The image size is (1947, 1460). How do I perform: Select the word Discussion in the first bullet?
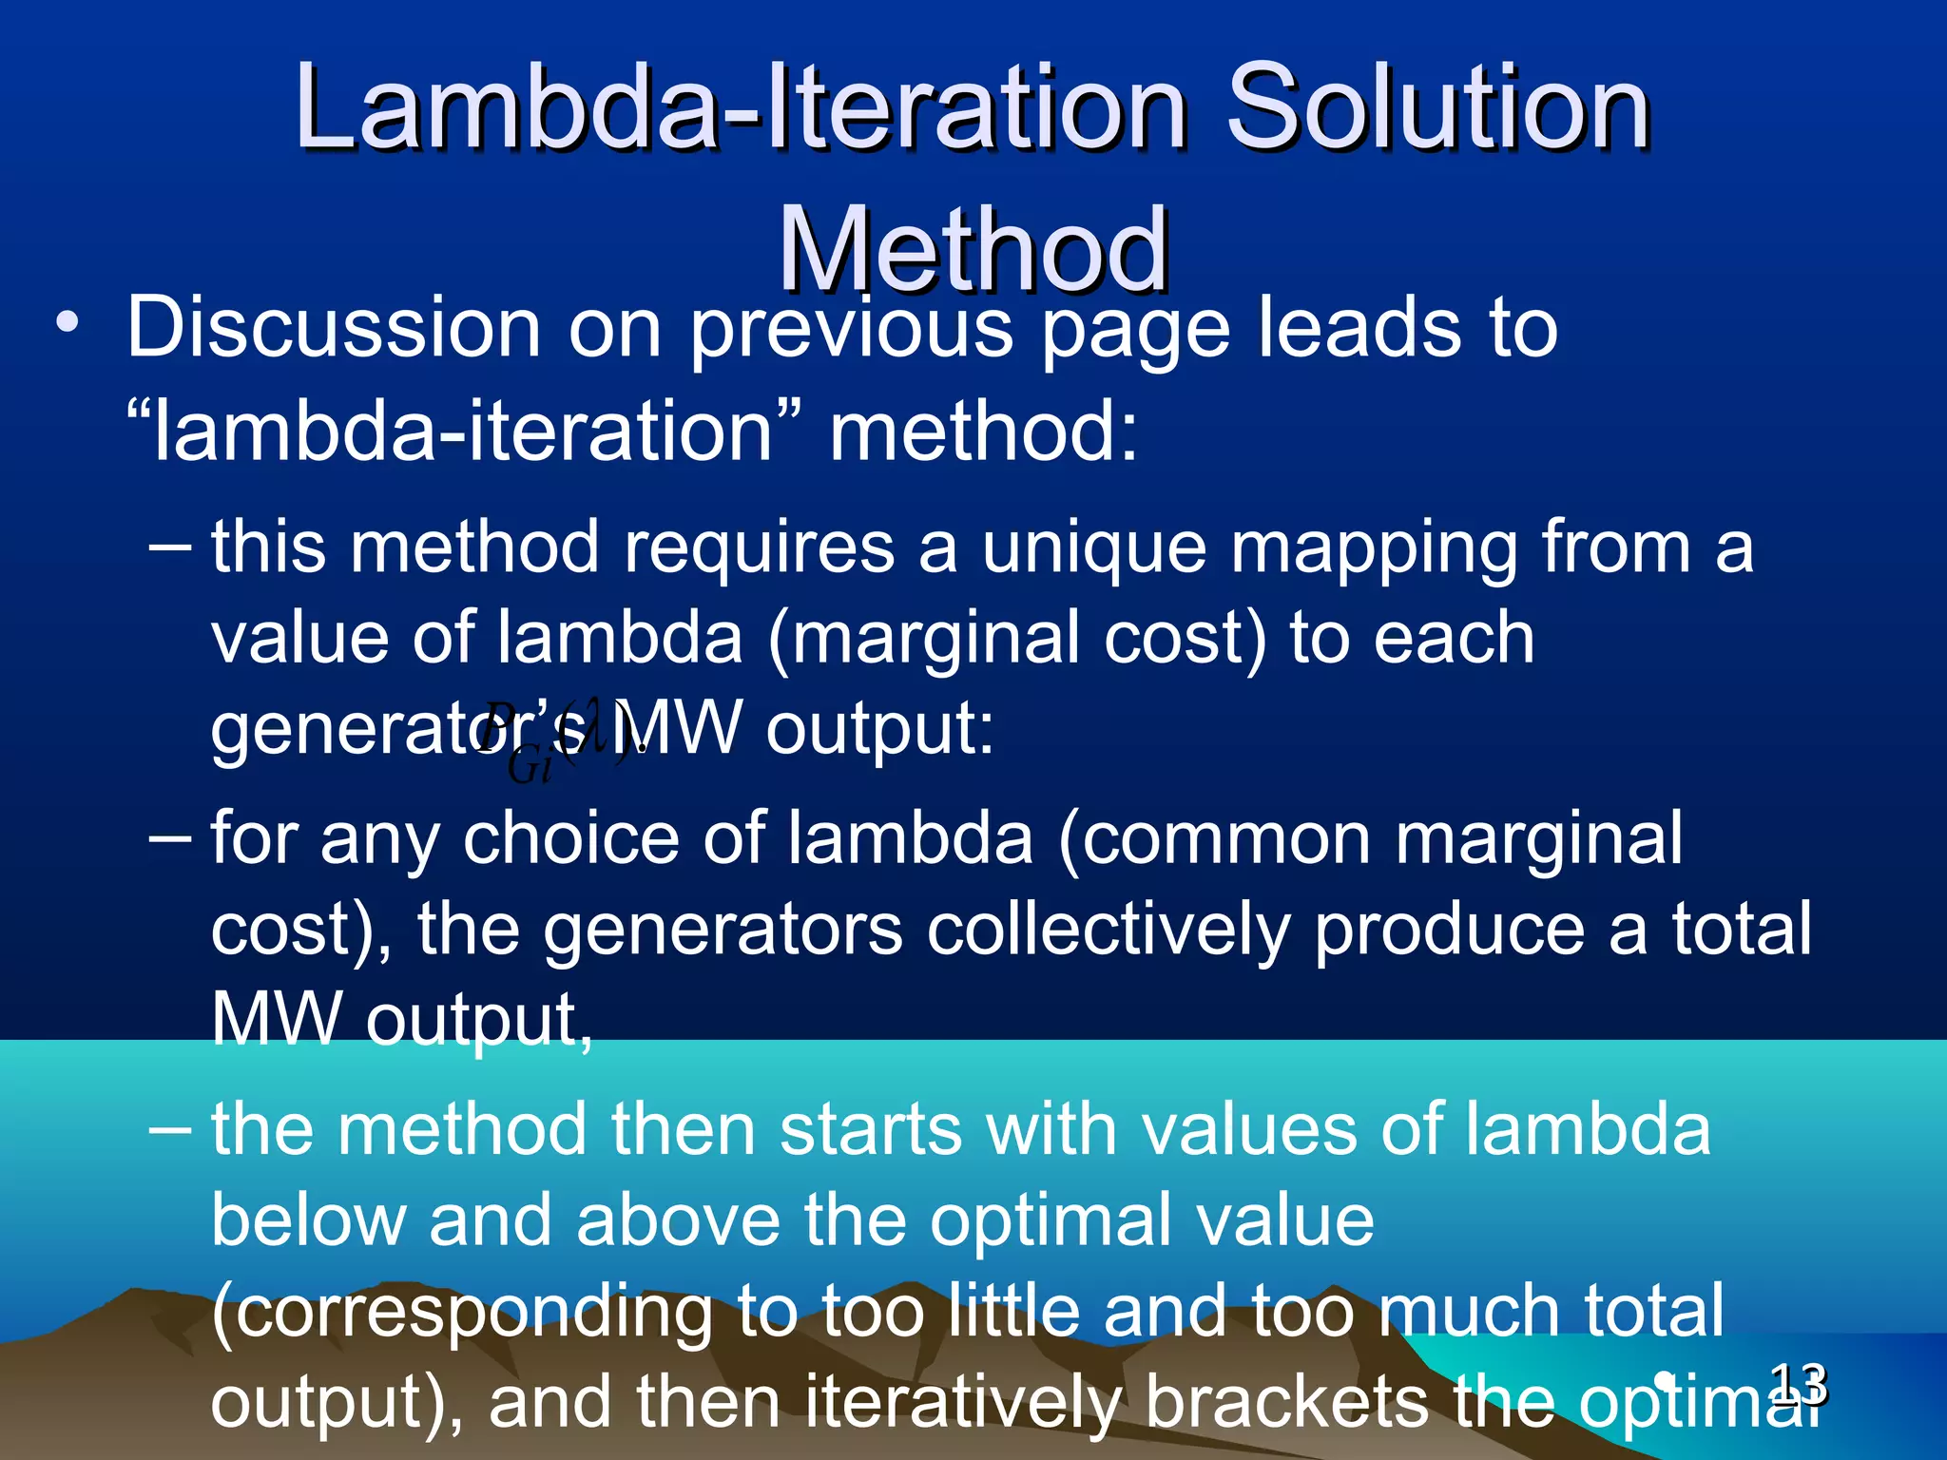pos(332,327)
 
